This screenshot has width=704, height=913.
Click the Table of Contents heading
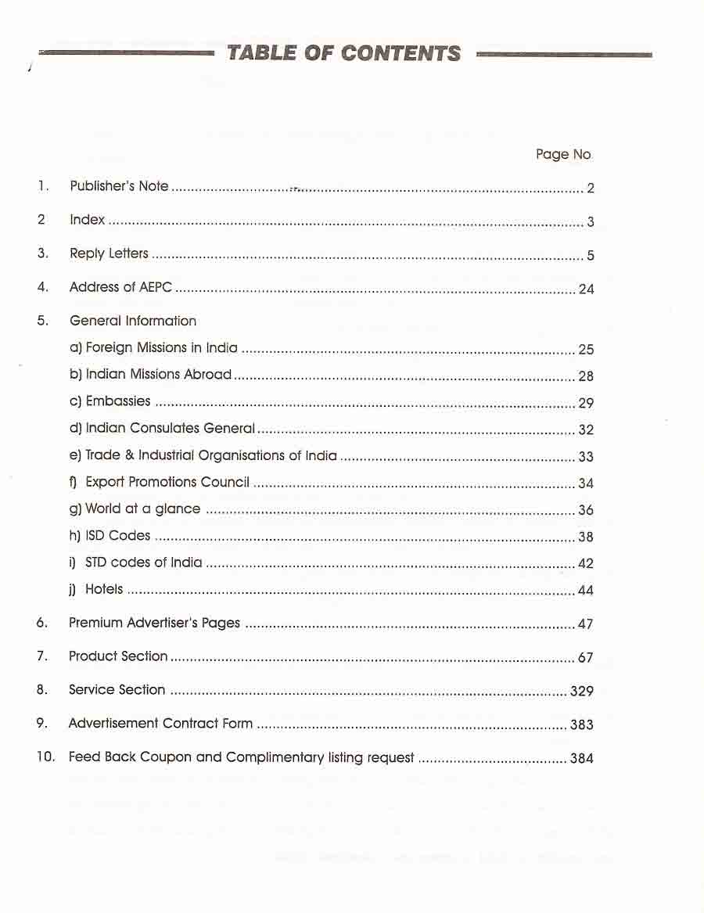[343, 53]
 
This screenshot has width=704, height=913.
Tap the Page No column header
[563, 154]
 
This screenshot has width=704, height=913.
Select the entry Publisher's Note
[119, 186]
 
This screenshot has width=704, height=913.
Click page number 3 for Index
[591, 222]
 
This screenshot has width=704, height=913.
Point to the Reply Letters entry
[109, 253]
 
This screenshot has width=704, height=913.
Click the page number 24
[586, 289]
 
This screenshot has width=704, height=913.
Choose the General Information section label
[133, 321]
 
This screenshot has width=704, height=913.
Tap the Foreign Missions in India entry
[161, 348]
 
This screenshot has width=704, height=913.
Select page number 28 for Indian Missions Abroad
[586, 376]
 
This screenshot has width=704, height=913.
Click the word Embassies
[118, 401]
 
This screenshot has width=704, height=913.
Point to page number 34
[586, 483]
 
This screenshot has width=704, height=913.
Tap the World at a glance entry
[142, 509]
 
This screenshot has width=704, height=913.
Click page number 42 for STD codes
[586, 564]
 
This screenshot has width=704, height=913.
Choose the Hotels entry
[104, 589]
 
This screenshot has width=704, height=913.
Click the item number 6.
[42, 624]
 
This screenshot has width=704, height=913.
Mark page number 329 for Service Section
[582, 692]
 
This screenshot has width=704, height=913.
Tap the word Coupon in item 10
[164, 757]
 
